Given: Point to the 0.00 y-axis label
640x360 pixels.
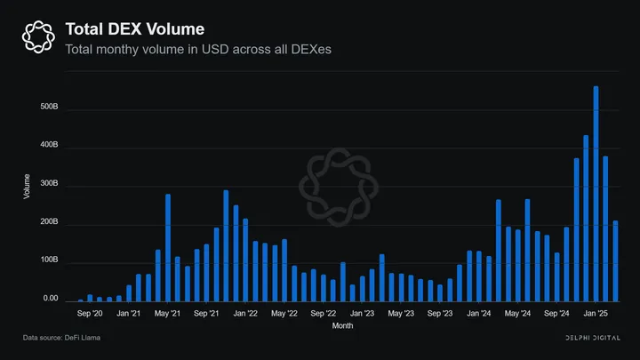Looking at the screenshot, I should coord(50,300).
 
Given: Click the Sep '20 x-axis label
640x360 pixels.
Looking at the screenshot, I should coord(90,314).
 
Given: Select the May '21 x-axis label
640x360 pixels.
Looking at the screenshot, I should coord(167,314).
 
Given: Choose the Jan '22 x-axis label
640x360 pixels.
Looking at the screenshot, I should coord(244,314).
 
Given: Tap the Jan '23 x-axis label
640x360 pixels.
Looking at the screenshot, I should coord(362,314).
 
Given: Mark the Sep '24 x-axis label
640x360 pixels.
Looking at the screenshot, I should coord(556,314).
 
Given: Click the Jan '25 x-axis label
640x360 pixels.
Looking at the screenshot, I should coord(596,314).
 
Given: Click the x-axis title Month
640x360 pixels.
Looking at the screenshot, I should coord(342,326).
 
